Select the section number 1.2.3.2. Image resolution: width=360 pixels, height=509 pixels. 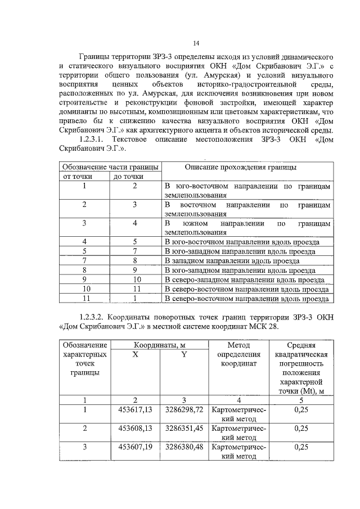click(x=96, y=318)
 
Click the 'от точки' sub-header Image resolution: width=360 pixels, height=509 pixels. click(x=84, y=177)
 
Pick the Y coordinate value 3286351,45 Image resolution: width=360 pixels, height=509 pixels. click(x=184, y=428)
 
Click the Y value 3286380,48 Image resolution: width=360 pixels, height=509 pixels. click(x=184, y=447)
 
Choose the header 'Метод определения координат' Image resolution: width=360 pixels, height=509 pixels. click(x=238, y=354)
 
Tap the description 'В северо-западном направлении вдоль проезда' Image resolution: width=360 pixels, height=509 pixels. click(x=245, y=280)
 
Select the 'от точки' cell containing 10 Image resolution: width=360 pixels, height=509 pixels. click(x=84, y=289)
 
